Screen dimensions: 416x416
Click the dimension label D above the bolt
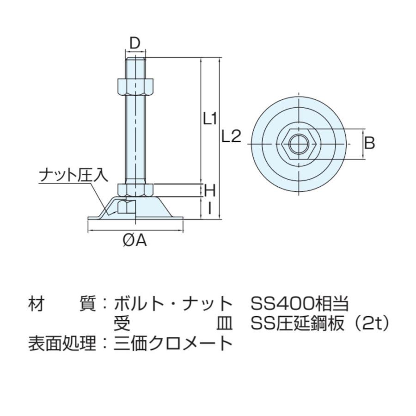[x=135, y=43]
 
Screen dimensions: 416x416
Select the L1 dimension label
[x=210, y=119]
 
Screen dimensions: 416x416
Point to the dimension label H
[x=210, y=190]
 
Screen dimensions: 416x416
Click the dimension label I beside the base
[x=210, y=208]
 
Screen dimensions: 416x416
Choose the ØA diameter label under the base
[x=135, y=240]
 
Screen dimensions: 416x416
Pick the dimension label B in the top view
[x=369, y=143]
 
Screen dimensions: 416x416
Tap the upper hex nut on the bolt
[x=135, y=86]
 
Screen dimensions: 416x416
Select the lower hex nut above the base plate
[x=135, y=190]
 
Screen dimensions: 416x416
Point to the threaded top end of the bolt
[x=135, y=65]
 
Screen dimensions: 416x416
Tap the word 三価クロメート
[x=173, y=343]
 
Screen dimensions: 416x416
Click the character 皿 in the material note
[x=225, y=324]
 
